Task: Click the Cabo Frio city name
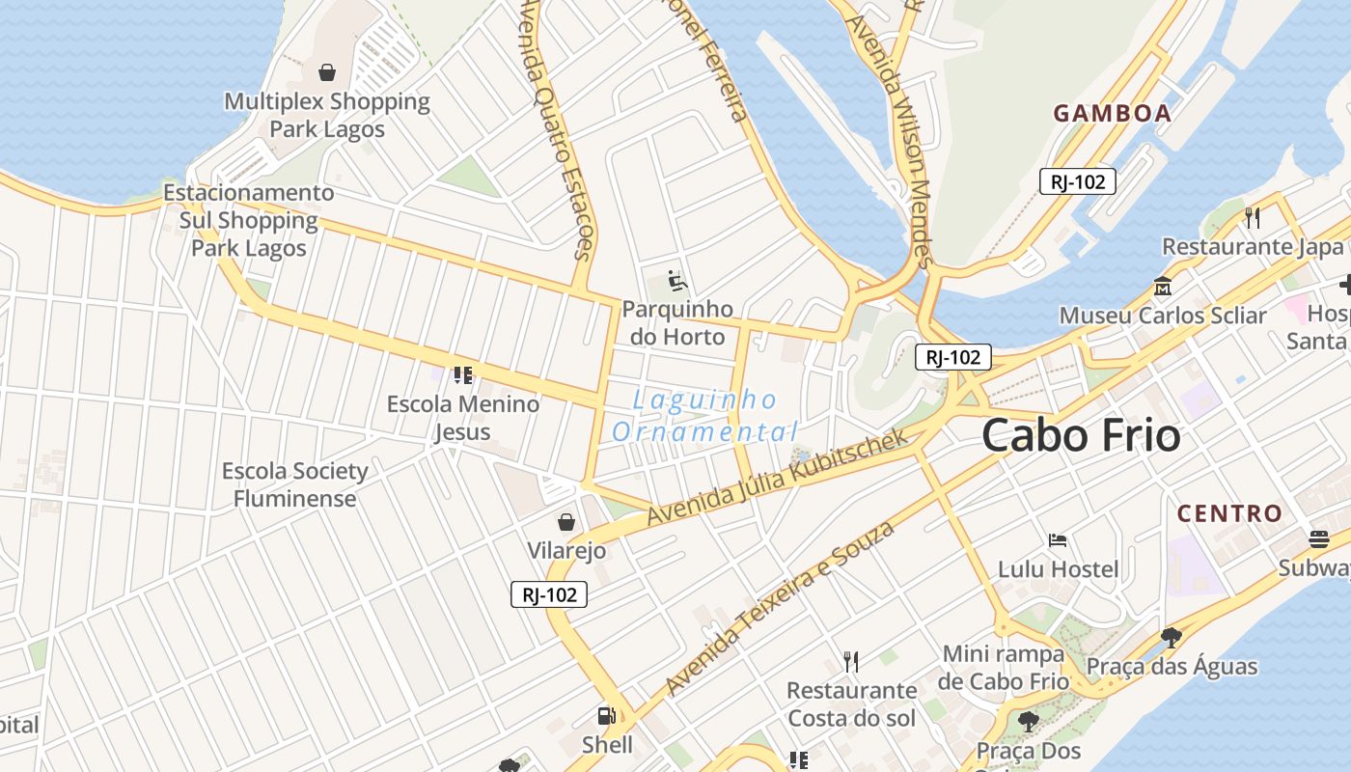[x=1081, y=436]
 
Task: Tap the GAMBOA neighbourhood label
[x=1112, y=114]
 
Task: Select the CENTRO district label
[x=1229, y=513]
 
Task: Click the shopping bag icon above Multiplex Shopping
[x=327, y=72]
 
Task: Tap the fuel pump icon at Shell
[x=606, y=716]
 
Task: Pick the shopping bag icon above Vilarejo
[x=566, y=522]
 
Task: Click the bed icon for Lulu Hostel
[x=1058, y=540]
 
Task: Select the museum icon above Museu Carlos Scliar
[x=1162, y=287]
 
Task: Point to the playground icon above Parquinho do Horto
[x=677, y=281]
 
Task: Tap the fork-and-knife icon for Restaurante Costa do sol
[x=850, y=661]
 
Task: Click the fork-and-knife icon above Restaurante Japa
[x=1253, y=218]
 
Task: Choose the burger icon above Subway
[x=1319, y=538]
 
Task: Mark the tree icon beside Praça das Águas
[x=1172, y=637]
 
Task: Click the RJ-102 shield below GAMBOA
[x=1078, y=181]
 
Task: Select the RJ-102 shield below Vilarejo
[x=549, y=594]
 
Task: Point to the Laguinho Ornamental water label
[x=705, y=416]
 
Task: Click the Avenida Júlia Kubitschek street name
[x=778, y=478]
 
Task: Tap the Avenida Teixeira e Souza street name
[x=780, y=608]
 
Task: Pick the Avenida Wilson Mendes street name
[x=892, y=135]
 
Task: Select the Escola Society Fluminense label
[x=295, y=484]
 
